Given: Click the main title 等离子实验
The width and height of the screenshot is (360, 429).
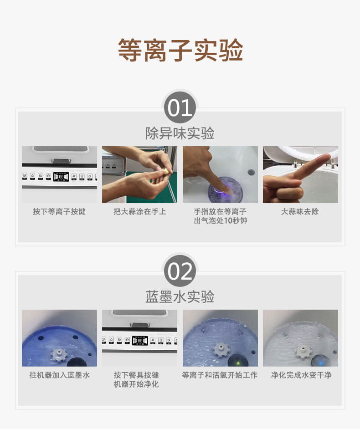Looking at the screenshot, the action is (x=180, y=50).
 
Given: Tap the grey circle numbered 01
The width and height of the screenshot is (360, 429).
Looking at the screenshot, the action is (x=180, y=107).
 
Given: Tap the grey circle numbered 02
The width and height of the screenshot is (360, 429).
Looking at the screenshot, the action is (x=180, y=271).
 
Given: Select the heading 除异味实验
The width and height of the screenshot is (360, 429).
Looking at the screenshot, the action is (x=180, y=133).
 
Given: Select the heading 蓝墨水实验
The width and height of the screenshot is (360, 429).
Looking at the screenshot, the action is (x=180, y=296).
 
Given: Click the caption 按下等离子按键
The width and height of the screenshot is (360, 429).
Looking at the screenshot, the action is (x=59, y=211).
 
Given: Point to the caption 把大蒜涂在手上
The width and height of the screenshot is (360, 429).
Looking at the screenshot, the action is (x=139, y=211).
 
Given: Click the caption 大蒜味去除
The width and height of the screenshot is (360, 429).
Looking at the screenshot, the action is (x=300, y=211).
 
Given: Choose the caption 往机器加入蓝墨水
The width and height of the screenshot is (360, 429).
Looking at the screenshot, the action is (x=59, y=375).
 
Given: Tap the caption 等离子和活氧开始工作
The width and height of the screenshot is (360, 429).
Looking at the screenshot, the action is (x=220, y=375).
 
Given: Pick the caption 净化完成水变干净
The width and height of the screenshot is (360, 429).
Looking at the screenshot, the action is (x=301, y=375).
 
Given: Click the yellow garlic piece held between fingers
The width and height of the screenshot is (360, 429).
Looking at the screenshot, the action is (x=166, y=172).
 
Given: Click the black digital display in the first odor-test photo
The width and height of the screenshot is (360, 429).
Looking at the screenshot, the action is (x=61, y=176).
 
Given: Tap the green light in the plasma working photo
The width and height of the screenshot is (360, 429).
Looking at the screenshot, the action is (x=238, y=363).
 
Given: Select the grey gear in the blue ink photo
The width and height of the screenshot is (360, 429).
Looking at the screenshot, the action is (x=59, y=354).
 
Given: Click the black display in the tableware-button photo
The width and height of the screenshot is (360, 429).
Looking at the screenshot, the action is (x=140, y=340).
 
